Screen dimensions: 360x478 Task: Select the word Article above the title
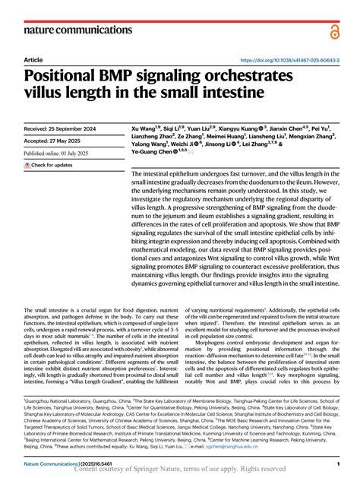[x=33, y=59]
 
